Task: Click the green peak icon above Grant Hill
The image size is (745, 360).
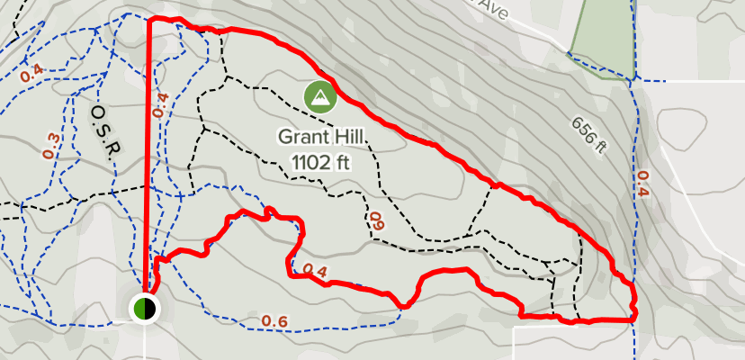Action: pyautogui.click(x=319, y=96)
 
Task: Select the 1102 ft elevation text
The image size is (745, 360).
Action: pyautogui.click(x=319, y=162)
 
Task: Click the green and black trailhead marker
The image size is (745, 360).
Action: pyautogui.click(x=145, y=309)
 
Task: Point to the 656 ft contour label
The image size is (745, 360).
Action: pyautogui.click(x=588, y=132)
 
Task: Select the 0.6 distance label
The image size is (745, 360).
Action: pyautogui.click(x=274, y=322)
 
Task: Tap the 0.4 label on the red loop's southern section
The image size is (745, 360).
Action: pyautogui.click(x=314, y=270)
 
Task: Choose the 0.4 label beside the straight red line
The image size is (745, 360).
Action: pyautogui.click(x=160, y=106)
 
